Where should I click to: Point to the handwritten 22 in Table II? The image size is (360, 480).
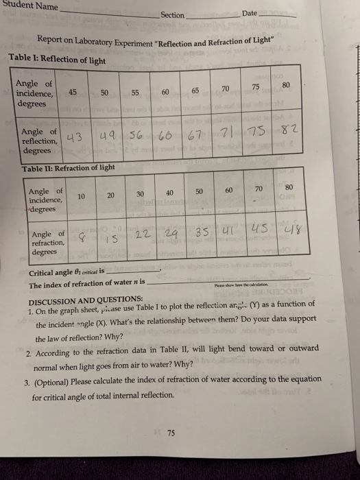(x=143, y=234)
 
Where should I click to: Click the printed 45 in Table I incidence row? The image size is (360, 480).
(x=72, y=93)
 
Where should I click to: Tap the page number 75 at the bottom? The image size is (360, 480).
(x=171, y=433)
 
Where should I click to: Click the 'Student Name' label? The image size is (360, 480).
(x=29, y=7)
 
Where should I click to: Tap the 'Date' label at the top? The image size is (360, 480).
(x=249, y=14)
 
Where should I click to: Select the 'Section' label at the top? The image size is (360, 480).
(x=173, y=14)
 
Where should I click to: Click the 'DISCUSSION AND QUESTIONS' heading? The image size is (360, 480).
(x=85, y=300)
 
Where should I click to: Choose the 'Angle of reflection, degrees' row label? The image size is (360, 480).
(x=40, y=140)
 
